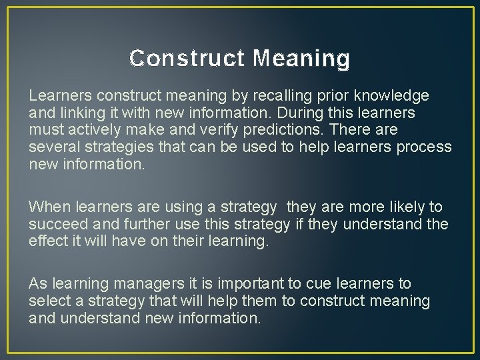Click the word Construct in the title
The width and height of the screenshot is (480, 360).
(187, 59)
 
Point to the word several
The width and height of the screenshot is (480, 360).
(52, 147)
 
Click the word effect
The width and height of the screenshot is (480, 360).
(47, 241)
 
